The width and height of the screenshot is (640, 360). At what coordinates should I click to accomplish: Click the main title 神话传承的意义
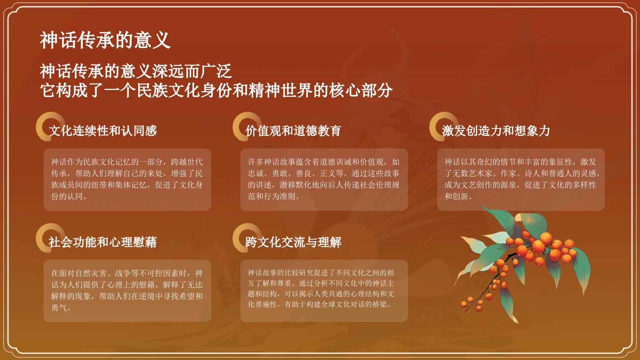[x=105, y=40]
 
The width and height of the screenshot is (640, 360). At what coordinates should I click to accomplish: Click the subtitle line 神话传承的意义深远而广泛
[x=136, y=71]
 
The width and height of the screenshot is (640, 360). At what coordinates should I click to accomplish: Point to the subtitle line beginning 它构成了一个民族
[x=216, y=90]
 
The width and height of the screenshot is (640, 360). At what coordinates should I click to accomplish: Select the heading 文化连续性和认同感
[x=103, y=131]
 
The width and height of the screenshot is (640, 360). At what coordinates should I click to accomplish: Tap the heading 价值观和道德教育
[x=293, y=131]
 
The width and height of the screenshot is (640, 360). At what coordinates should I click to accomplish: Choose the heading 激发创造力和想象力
[x=496, y=131]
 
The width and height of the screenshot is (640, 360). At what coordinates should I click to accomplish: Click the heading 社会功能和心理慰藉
[x=103, y=242]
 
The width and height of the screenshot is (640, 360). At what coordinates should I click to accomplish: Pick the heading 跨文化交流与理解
[x=293, y=242]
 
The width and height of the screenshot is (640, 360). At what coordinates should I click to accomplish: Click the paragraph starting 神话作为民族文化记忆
[x=127, y=179]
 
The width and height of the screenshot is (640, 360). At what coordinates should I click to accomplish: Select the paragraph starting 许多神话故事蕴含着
[x=324, y=179]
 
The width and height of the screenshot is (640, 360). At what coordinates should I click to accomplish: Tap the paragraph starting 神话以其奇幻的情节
[x=520, y=179]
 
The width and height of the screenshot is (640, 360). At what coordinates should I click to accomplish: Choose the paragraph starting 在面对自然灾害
[x=127, y=290]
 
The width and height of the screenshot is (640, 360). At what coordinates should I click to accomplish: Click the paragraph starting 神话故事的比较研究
[x=321, y=288]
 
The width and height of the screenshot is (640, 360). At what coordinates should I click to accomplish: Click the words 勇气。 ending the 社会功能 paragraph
[x=61, y=308]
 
